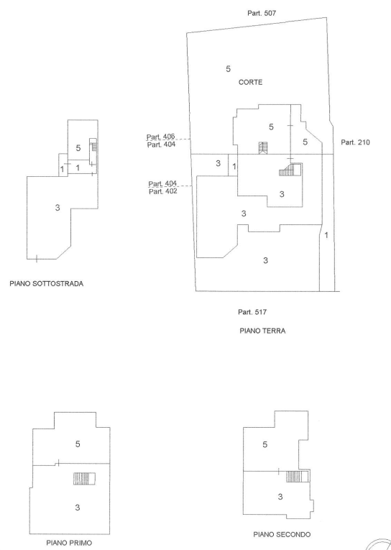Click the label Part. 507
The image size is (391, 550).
262,13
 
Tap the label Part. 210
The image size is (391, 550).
355,142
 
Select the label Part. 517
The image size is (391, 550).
252,312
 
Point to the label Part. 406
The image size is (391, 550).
160,137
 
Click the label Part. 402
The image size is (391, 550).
162,191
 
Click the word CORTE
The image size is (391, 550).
250,82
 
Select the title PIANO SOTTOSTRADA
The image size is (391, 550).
47,283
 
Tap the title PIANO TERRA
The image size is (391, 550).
262,331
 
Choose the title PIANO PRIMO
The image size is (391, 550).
69,543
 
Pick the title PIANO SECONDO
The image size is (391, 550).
282,534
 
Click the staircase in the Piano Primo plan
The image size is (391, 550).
84,479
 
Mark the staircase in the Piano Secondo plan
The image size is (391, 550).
298,477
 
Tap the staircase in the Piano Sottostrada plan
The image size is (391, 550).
93,151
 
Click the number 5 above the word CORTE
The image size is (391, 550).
229,69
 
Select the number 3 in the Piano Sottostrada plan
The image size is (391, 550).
57,208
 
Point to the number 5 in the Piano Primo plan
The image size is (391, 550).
78,444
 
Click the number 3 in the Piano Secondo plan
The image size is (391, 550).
280,497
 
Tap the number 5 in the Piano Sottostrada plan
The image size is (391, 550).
78,148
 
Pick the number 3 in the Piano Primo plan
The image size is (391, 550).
78,507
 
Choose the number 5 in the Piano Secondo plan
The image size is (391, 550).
265,444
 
